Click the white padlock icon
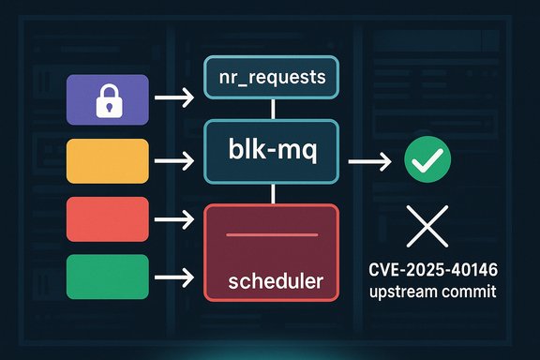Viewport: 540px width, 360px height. [x=110, y=100]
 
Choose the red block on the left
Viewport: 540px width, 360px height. [x=109, y=219]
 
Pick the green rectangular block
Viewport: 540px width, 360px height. [x=109, y=276]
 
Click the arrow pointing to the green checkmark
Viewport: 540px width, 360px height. [x=369, y=161]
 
